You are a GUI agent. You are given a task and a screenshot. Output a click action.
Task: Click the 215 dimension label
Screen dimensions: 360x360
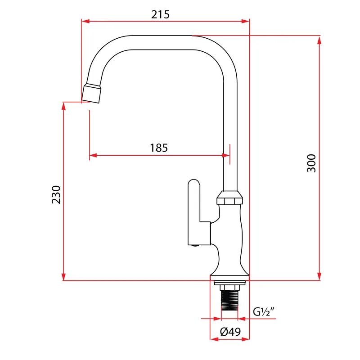(x=160, y=14)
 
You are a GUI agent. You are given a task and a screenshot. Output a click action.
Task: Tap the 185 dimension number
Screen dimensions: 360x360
(x=159, y=148)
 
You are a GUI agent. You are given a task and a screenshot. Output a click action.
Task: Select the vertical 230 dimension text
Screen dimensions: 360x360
(x=56, y=195)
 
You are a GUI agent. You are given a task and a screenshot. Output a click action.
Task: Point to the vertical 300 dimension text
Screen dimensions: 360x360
(x=311, y=163)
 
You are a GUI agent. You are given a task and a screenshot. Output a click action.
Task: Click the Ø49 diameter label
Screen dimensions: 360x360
(x=230, y=332)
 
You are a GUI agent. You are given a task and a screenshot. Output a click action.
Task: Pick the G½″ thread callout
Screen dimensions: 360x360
(x=264, y=311)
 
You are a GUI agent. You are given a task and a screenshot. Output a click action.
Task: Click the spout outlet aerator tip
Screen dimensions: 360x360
(x=91, y=94)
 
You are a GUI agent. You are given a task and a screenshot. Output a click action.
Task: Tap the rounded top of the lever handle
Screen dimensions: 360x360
(x=194, y=183)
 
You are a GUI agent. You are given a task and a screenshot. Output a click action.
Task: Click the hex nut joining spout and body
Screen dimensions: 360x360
(x=229, y=198)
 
